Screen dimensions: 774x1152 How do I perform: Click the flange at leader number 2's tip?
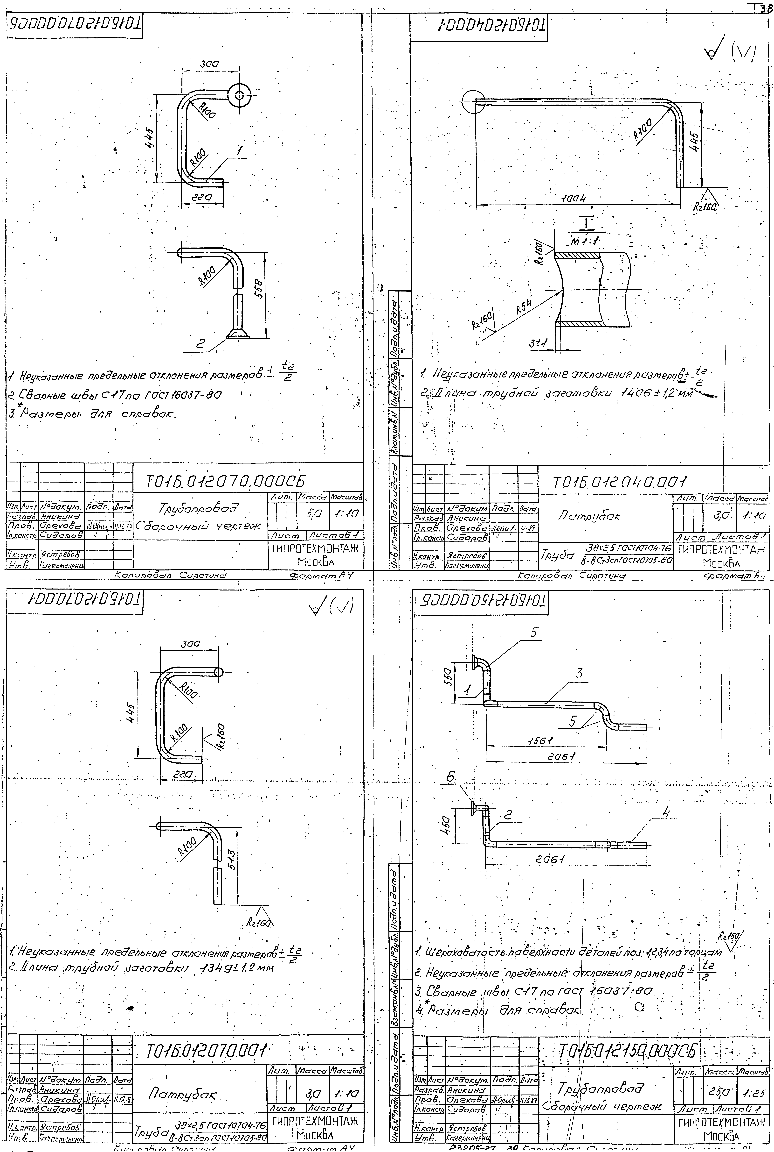click(238, 334)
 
